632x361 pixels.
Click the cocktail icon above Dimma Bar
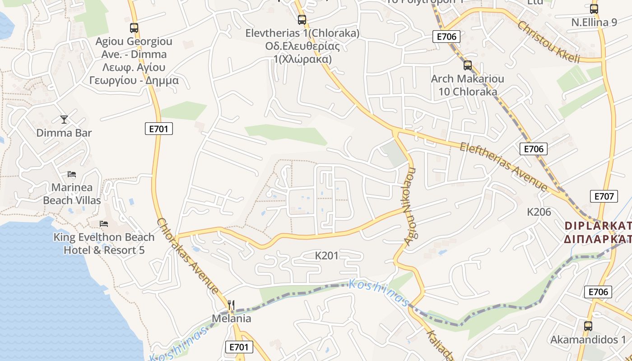64,119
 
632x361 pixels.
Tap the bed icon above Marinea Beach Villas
72,174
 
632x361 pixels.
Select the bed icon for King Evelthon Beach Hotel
104,224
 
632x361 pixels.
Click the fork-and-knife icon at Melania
231,305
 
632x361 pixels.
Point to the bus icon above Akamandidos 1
588,326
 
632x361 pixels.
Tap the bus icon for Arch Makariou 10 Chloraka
467,65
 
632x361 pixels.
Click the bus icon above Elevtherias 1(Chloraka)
302,20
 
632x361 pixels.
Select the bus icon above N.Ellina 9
594,9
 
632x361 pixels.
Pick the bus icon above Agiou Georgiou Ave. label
134,28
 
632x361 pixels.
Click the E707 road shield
604,196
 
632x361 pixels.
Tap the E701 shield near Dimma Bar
159,129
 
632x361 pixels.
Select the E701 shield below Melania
239,347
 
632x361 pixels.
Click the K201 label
326,256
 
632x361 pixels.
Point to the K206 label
539,212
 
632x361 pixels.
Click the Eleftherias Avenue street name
503,167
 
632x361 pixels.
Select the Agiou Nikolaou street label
410,207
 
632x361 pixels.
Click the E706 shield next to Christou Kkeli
446,37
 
